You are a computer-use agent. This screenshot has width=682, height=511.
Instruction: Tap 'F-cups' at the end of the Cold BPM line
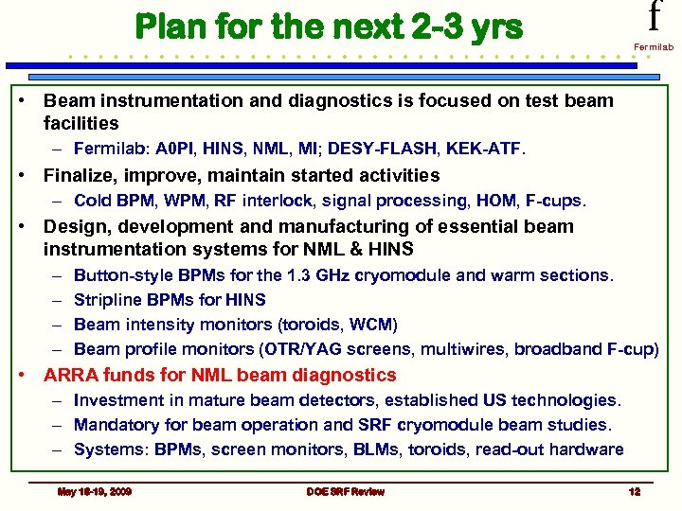(559, 201)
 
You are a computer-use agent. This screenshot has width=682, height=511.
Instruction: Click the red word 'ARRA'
(71, 375)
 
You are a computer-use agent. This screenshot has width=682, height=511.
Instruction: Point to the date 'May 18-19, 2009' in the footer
(95, 492)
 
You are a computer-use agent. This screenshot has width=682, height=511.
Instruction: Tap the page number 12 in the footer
(634, 492)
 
